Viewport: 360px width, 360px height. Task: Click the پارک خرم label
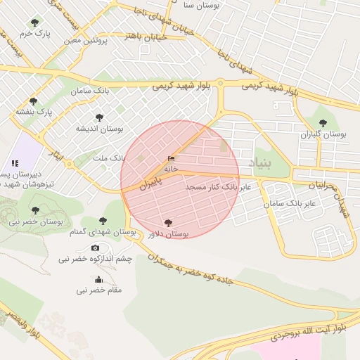coord(36,33)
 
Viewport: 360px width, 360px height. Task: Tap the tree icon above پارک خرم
coord(34,23)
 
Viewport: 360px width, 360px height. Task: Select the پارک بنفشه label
coord(34,112)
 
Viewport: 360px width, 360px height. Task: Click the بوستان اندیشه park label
coord(100,129)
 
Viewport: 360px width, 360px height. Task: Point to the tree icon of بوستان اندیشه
coord(99,118)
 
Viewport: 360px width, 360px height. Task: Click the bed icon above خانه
coord(171,159)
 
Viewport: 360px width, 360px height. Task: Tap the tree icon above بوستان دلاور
coord(167,224)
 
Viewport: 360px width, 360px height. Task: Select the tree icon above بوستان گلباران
coord(323,123)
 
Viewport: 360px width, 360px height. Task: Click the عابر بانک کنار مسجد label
coord(218,188)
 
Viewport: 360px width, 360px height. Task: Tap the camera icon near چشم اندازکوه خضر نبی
coord(96,247)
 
